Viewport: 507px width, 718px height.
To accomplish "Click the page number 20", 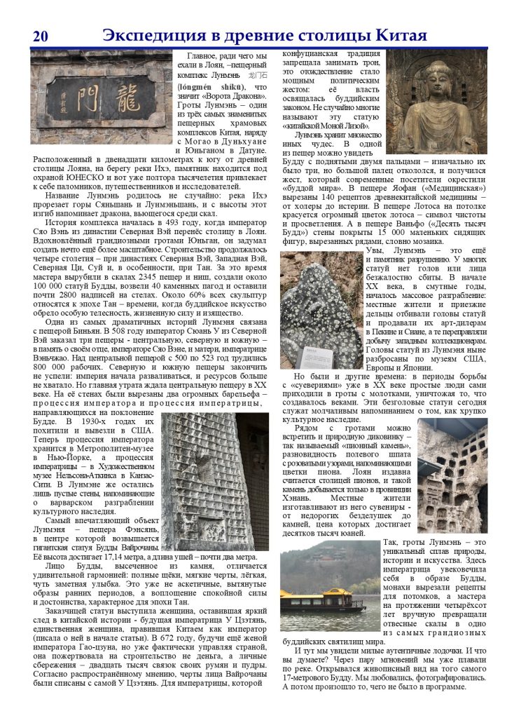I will click(39, 37).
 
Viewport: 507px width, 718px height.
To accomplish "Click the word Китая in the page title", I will click(403, 36).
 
